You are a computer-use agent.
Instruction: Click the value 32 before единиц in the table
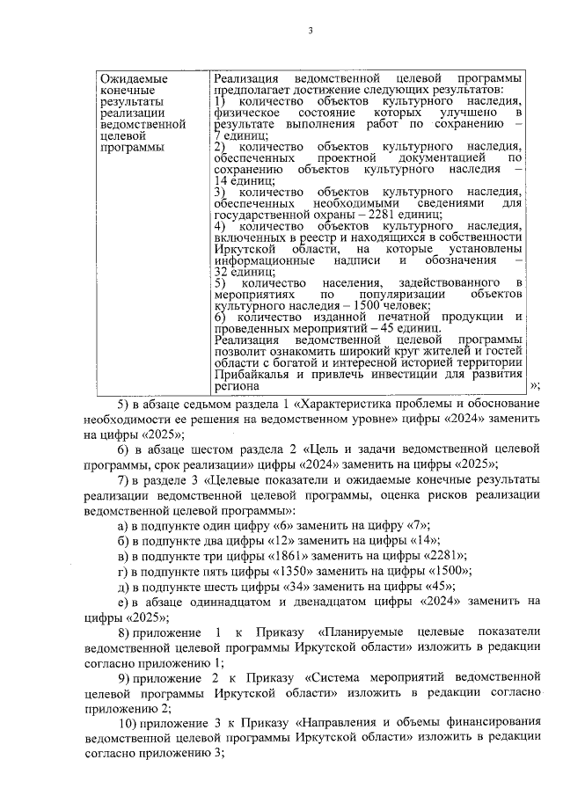(222, 273)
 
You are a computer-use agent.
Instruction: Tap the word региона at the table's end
(236, 386)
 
